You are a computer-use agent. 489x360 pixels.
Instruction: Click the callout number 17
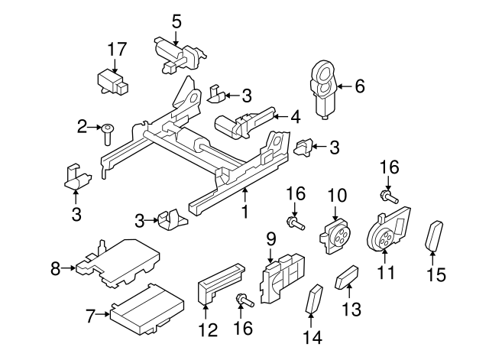click(x=116, y=50)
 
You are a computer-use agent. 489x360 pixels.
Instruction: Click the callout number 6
click(x=359, y=87)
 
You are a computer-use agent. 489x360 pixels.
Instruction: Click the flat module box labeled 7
click(x=146, y=308)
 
